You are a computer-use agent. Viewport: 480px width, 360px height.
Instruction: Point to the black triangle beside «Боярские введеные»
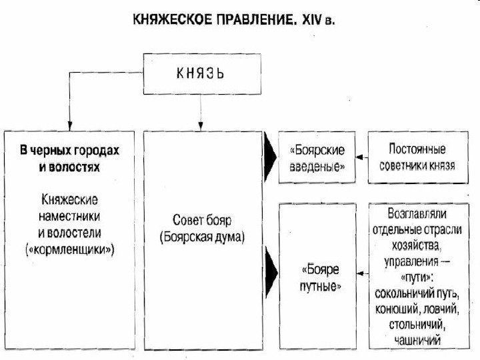(x=270, y=157)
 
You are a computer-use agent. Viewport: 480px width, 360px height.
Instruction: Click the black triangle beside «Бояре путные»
(x=270, y=272)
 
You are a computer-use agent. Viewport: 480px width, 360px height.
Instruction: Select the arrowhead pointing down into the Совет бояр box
(x=201, y=125)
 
